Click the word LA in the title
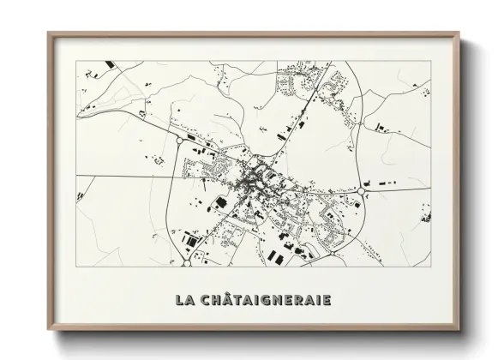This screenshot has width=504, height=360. (x=183, y=301)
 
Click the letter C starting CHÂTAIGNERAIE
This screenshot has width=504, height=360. (x=203, y=301)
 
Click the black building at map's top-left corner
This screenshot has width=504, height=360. (x=109, y=65)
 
